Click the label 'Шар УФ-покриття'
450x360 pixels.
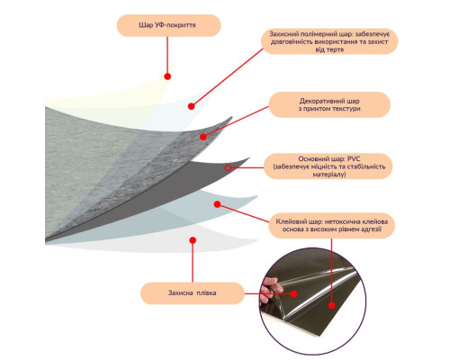(x=168, y=25)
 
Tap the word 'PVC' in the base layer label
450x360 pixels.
(x=354, y=159)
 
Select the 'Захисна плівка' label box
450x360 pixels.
(x=193, y=293)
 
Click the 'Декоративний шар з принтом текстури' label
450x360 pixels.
(x=329, y=104)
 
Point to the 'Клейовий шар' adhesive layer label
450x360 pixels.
(x=331, y=226)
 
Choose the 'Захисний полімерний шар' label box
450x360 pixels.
(x=329, y=41)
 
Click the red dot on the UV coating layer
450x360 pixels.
(x=167, y=76)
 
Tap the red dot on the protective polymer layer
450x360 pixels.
(x=192, y=106)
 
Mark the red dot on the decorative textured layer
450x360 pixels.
(x=203, y=137)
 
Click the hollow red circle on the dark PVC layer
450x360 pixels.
(x=228, y=168)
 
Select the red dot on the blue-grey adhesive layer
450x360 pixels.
(x=218, y=204)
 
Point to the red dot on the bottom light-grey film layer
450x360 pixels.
(x=193, y=240)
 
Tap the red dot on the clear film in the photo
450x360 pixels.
(x=294, y=293)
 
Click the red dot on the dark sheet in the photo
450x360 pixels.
(x=331, y=306)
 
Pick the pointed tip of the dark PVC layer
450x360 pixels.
(x=249, y=157)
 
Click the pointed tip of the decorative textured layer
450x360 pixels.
(x=232, y=117)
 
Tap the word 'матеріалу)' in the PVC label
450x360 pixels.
(x=329, y=175)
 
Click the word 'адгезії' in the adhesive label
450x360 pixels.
(x=370, y=229)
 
